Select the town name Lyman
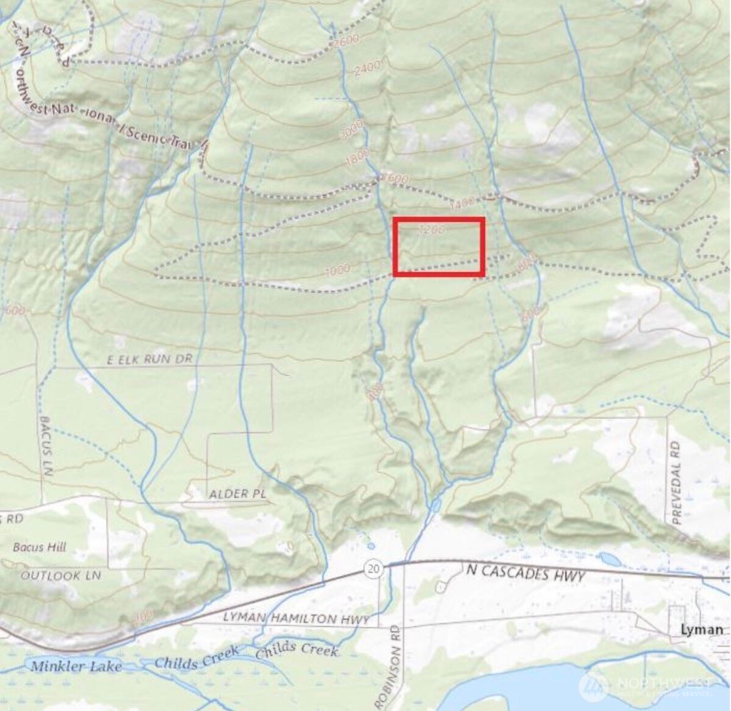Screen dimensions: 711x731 (x=702, y=630)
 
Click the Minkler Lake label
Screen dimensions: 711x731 (x=76, y=666)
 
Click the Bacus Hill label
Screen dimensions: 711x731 (x=39, y=548)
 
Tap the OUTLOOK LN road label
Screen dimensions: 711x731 (x=61, y=575)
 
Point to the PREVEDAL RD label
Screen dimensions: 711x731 (x=676, y=483)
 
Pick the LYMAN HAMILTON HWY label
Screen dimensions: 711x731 (x=296, y=619)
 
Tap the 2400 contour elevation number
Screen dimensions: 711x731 (x=367, y=68)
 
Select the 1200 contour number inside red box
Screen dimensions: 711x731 (x=433, y=230)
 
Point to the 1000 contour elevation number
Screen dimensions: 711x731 (x=336, y=270)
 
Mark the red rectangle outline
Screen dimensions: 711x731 (x=439, y=219)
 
